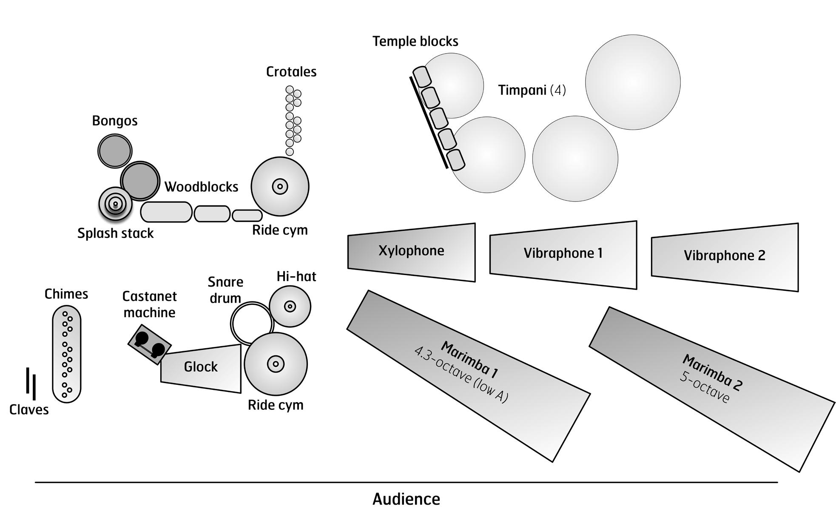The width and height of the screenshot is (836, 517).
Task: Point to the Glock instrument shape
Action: (201, 368)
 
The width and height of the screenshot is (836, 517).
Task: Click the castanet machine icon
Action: (149, 344)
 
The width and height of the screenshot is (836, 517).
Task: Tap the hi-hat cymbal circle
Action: (290, 306)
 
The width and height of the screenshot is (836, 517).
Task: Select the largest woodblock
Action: (166, 212)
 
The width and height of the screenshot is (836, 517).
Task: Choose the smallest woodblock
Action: (247, 216)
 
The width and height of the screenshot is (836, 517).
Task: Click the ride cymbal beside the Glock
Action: (276, 364)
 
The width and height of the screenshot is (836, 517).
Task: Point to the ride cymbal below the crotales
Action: (280, 186)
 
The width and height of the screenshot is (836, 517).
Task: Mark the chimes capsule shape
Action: (67, 354)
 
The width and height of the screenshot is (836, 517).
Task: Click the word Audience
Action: (406, 499)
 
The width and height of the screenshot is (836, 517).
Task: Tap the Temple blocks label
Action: (415, 41)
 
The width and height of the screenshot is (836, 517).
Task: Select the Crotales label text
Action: (291, 71)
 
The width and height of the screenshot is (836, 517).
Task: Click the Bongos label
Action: (115, 121)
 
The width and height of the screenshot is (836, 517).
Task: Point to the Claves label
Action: (29, 410)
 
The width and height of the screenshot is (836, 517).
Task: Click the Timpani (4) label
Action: (532, 90)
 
